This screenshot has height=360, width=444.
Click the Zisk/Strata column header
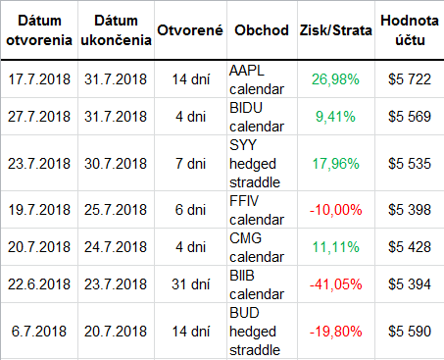pos(336,30)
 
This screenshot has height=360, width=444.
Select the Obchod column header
pos(262,30)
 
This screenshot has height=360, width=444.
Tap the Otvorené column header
pos(190,30)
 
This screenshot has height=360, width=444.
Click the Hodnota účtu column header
pos(410,30)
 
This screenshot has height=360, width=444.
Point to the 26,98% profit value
pos(335,79)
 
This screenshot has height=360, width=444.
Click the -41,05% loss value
pos(335,284)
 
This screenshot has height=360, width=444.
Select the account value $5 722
pos(410,79)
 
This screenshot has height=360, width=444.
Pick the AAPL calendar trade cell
pos(257,79)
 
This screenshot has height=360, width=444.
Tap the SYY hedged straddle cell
pos(255,164)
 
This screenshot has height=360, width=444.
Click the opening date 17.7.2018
pos(39,79)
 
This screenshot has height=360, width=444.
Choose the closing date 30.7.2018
pos(116,164)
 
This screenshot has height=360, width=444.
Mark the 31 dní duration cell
pos(191,284)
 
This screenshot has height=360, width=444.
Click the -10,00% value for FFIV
pos(335,210)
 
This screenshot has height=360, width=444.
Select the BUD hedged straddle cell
pos(255,332)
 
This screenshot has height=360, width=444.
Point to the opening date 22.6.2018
pos(39,284)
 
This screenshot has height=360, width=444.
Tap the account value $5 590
pos(410,332)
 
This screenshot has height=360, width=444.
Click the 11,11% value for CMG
pos(335,247)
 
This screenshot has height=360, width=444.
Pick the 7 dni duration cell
pos(191,164)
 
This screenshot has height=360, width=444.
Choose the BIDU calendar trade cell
pos(257,117)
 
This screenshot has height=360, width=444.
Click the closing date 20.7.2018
pos(116,332)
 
